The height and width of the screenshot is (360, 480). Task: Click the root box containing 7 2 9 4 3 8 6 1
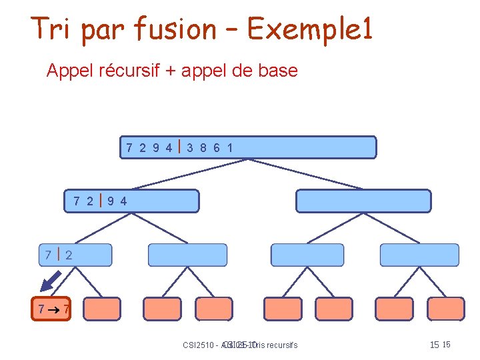(250, 147)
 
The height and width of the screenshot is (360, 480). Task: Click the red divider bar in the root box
(180, 147)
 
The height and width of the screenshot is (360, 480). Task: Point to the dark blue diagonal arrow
(49, 283)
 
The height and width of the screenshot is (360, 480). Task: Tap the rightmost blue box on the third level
(419, 255)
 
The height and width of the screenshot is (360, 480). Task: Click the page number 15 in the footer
(435, 345)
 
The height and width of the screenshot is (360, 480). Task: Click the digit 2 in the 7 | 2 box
(69, 255)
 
